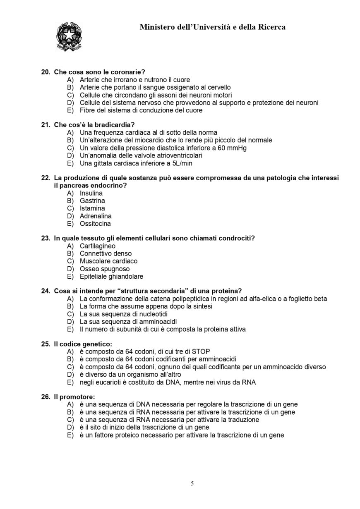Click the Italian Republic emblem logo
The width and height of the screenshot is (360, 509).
pos(69,37)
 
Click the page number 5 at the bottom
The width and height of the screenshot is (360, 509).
pos(192,483)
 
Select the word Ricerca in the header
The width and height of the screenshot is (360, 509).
pos(269,27)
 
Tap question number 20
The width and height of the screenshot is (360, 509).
pos(46,72)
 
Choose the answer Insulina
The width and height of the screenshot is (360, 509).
pos(91,193)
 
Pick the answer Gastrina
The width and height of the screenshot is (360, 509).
pos(92,201)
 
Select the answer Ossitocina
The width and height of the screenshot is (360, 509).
pos(95,224)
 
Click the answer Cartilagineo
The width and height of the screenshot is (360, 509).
pos(98,246)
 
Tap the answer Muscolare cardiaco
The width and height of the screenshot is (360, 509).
pos(108,261)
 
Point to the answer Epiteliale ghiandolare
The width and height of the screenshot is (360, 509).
pos(111,277)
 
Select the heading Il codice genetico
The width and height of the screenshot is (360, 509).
pos(83,344)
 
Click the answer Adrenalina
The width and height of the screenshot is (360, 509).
pos(96,216)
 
